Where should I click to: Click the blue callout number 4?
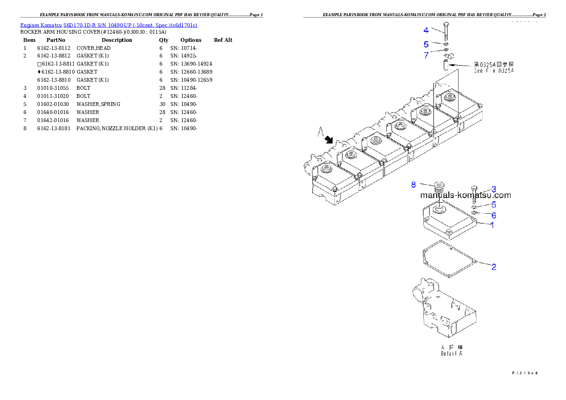point(426,30)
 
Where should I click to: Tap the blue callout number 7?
point(426,55)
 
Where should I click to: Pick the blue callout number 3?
point(494,189)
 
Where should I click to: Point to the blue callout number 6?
point(494,215)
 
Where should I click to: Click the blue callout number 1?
point(492,225)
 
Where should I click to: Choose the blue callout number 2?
point(494,267)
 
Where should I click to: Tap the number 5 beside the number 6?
point(494,205)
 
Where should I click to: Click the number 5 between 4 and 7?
point(426,44)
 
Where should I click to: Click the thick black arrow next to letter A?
point(328,140)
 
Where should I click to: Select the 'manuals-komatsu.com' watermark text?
point(466,195)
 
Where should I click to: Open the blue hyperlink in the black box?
point(108,25)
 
